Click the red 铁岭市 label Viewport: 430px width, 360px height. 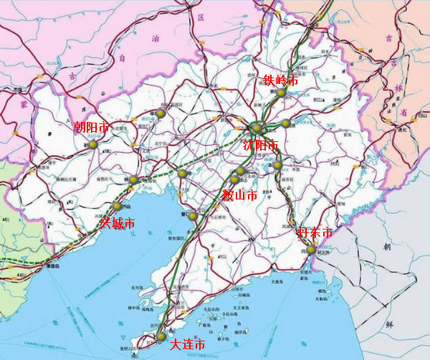coord(279,80)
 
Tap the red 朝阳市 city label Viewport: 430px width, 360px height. coord(92,128)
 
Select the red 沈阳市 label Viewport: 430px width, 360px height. coord(259,146)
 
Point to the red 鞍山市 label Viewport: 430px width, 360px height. coord(239,194)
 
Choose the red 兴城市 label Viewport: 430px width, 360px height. coord(117,223)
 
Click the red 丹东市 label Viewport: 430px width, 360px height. coord(315,233)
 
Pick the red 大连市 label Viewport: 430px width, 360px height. coord(187,345)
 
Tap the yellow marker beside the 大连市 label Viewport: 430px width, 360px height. coord(161,336)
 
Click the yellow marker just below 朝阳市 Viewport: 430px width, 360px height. coord(93,144)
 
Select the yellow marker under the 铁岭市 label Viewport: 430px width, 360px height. coord(282,93)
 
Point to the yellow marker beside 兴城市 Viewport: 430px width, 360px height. coord(117,207)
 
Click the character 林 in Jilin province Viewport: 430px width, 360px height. coord(400,89)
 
